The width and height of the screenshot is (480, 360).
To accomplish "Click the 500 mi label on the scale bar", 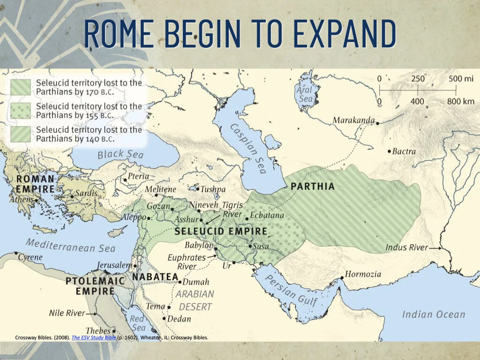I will tap(461, 79).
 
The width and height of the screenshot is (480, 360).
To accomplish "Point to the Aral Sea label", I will tap(305, 94).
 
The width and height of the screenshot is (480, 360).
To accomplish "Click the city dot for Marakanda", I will tap(378, 123).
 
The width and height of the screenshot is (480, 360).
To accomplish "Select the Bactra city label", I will tap(404, 151).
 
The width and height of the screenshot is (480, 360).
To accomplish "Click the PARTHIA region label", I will tap(313, 186).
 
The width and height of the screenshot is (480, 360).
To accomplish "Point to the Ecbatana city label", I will tap(267, 216).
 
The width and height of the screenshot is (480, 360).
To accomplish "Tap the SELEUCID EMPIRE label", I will tap(221, 232).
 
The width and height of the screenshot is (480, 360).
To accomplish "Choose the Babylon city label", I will tap(199, 245).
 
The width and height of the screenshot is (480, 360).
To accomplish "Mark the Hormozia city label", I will tap(363, 274).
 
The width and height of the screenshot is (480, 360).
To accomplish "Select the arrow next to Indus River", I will tap(435, 247).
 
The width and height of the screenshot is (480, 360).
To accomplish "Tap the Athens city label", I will tap(22, 200).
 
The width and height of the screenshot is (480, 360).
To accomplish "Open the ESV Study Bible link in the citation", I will tap(93, 337).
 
